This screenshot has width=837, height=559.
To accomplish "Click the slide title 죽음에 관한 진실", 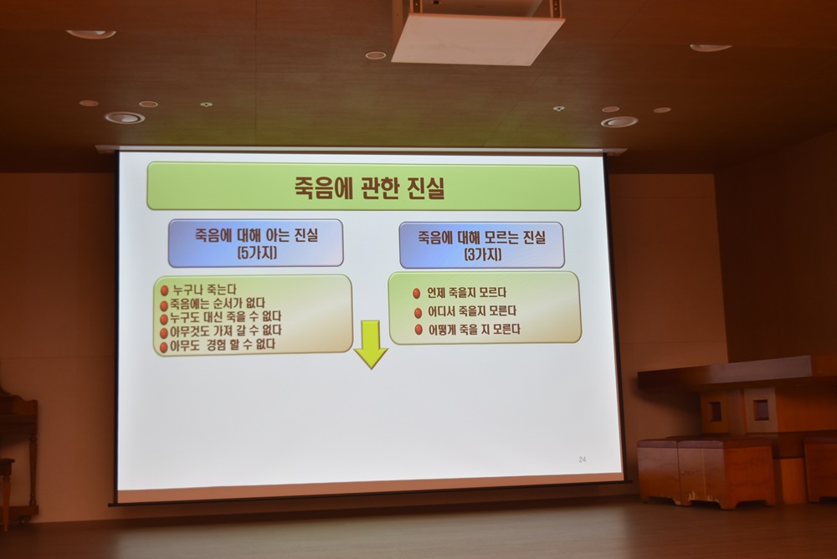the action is pyautogui.click(x=369, y=187).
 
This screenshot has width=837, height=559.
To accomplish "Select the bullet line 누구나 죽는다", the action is pyautogui.click(x=204, y=290).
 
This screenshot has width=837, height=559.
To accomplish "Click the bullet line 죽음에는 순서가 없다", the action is pyautogui.click(x=218, y=304).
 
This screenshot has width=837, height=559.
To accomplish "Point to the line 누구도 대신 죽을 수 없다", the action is pyautogui.click(x=225, y=318).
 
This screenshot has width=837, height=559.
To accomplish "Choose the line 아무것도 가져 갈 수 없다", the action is pyautogui.click(x=226, y=331).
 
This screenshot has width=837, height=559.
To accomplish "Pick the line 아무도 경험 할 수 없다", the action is pyautogui.click(x=223, y=345).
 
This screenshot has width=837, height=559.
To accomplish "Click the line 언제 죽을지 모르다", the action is pyautogui.click(x=466, y=293).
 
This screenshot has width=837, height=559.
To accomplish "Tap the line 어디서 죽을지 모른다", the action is pyautogui.click(x=472, y=310).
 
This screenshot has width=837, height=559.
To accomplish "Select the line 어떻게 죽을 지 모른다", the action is pyautogui.click(x=474, y=330).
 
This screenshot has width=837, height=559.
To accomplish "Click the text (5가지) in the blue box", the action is pyautogui.click(x=257, y=252).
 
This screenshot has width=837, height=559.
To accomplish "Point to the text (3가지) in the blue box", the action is pyautogui.click(x=483, y=254).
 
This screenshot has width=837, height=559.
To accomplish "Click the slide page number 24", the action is pyautogui.click(x=583, y=459).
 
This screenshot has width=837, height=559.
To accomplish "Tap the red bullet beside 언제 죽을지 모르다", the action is pyautogui.click(x=417, y=293).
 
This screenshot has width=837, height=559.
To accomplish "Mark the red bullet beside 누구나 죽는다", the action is pyautogui.click(x=164, y=290).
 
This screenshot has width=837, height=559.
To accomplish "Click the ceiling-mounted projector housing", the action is pyautogui.click(x=477, y=32).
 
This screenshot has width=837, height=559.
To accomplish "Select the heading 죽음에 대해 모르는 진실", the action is pyautogui.click(x=482, y=237).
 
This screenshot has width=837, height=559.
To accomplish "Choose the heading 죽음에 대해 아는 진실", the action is pyautogui.click(x=256, y=235).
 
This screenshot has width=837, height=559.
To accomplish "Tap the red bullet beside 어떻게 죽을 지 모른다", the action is pyautogui.click(x=418, y=330).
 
